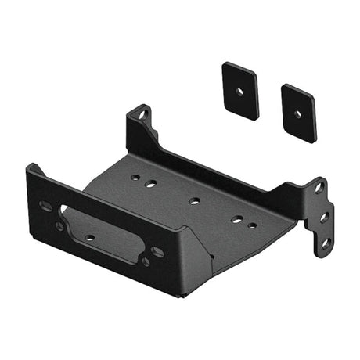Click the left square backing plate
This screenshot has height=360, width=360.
coord(240,89)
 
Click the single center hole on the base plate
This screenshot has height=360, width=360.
coord(194,201)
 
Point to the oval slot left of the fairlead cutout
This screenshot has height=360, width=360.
coord(45,205)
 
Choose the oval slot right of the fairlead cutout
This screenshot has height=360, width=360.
coord(157,252)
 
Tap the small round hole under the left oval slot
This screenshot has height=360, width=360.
coord(59,226)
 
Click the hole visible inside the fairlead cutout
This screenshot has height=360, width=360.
coord(89,237)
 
